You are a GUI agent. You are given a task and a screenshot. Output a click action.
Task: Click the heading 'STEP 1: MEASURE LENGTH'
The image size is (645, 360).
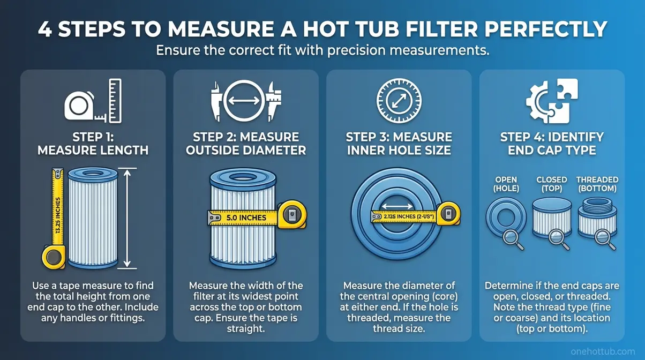pyautogui.click(x=93, y=144)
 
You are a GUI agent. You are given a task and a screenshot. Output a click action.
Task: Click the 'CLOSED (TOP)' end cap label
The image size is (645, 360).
pyautogui.click(x=551, y=184)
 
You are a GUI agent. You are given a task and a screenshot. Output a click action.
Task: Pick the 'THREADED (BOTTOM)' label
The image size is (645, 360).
pyautogui.click(x=597, y=184)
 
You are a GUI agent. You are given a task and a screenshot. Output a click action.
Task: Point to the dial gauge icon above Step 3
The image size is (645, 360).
pyautogui.click(x=399, y=100)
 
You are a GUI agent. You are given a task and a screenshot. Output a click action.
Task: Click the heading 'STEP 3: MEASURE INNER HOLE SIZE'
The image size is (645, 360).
pyautogui.click(x=399, y=144)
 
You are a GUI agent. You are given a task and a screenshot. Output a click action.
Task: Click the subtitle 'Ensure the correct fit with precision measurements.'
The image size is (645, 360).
pyautogui.click(x=322, y=52)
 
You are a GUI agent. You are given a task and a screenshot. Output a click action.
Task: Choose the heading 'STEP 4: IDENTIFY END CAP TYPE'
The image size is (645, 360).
pyautogui.click(x=552, y=144)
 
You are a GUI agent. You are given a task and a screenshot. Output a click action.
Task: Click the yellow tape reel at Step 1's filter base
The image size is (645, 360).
pyautogui.click(x=51, y=258)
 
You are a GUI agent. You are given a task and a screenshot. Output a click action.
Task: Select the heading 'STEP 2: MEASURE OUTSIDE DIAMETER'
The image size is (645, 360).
pyautogui.click(x=246, y=144)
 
